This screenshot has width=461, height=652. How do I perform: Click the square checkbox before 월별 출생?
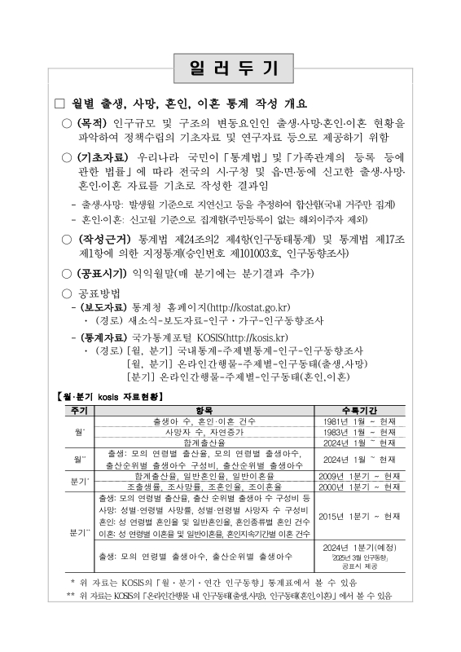(x=58, y=104)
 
